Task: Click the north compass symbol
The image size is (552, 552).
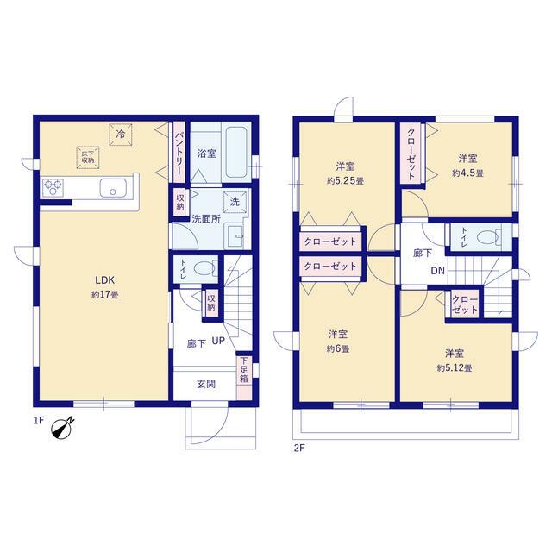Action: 62,429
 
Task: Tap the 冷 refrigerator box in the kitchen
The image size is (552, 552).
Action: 121,135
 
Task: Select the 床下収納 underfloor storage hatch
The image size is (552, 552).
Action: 88,158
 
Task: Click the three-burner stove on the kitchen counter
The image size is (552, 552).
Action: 53,188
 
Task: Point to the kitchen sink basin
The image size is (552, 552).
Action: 113,188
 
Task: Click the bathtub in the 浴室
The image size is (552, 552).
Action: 237,152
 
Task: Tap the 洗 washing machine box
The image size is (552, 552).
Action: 235,202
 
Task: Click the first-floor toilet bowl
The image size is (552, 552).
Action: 206,269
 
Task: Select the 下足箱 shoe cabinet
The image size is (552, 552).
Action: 244,379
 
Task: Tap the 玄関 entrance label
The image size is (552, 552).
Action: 206,384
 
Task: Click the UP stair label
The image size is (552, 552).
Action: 218,341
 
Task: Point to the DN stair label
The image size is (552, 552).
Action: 438,271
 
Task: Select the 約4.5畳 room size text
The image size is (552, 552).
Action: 467,173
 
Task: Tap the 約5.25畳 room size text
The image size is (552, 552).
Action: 345,181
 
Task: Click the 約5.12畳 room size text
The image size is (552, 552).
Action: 455,368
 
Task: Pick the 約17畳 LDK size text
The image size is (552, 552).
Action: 105,295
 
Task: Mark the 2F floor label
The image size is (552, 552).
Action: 299,448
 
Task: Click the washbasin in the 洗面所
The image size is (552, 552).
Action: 235,235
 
